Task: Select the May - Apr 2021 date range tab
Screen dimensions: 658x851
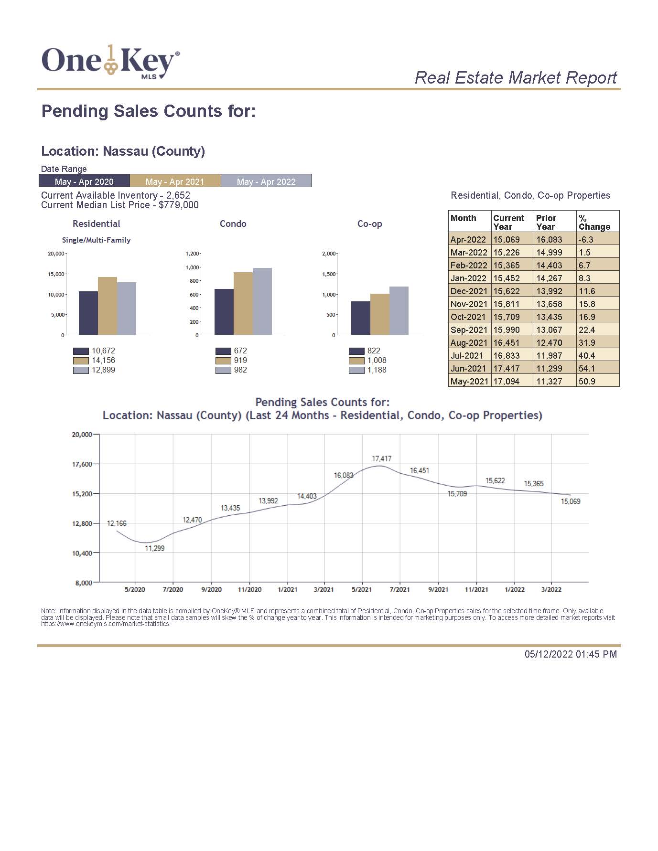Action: (175, 181)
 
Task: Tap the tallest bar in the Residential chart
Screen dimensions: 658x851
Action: (108, 306)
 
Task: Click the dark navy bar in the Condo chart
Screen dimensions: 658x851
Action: (224, 312)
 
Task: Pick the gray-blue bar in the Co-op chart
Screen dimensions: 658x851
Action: (399, 310)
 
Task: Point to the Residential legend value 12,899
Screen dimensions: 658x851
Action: (104, 370)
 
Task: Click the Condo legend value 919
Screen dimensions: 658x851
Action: (240, 361)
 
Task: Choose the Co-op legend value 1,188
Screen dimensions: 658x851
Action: (377, 370)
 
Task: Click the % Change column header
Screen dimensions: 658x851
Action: (594, 222)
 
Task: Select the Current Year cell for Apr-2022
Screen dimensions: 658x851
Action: (507, 240)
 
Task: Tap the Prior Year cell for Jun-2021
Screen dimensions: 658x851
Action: (550, 369)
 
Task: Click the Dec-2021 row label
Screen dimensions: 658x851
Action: (469, 291)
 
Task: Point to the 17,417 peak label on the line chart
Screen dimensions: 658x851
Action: (382, 459)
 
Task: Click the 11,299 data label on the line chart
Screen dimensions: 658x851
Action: (155, 549)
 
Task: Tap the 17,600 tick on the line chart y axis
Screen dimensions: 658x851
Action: (82, 464)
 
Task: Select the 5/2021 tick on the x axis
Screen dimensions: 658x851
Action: (362, 590)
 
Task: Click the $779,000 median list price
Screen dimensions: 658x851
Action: (179, 205)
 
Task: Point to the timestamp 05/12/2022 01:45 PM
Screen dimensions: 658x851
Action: (571, 654)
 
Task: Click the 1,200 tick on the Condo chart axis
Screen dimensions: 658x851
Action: (192, 254)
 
